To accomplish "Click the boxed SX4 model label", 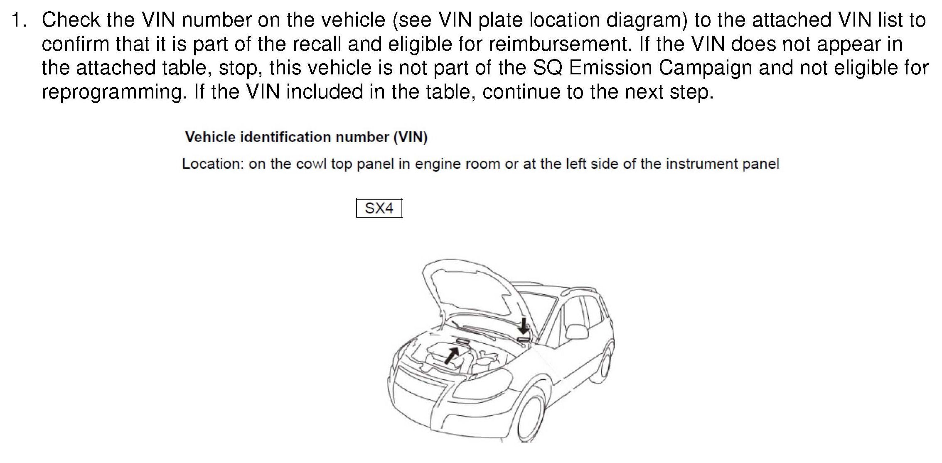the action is click(379, 208).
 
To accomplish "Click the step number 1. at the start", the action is click(20, 20).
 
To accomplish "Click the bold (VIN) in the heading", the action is click(411, 137).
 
